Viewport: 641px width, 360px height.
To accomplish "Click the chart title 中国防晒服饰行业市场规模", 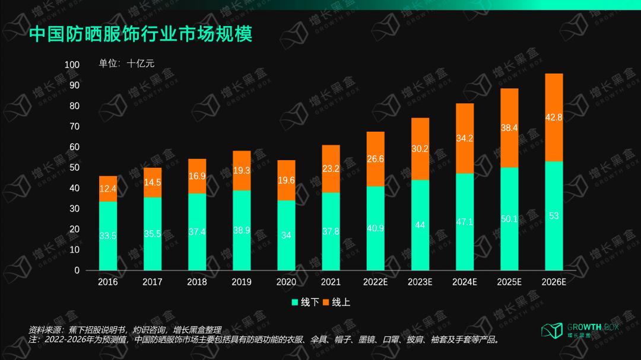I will pyautogui.click(x=141, y=34).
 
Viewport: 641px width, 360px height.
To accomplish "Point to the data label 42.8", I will pyautogui.click(x=554, y=117).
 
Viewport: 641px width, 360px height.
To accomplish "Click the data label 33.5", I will pyautogui.click(x=107, y=235).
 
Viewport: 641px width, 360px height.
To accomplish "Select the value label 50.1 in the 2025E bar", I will pyautogui.click(x=509, y=219).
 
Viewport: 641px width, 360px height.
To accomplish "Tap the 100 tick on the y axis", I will pyautogui.click(x=72, y=65).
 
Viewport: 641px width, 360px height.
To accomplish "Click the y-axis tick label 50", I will pyautogui.click(x=74, y=167).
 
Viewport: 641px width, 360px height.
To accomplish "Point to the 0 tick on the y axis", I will pyautogui.click(x=77, y=270).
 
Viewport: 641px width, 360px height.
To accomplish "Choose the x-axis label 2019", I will pyautogui.click(x=242, y=282).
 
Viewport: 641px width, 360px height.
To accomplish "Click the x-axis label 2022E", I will pyautogui.click(x=375, y=282).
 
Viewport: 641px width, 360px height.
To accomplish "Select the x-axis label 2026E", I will pyautogui.click(x=554, y=282).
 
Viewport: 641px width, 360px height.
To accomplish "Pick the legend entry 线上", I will pyautogui.click(x=336, y=302).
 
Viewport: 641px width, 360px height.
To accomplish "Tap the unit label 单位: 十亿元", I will pyautogui.click(x=126, y=63).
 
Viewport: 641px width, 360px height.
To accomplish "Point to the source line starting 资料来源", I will pyautogui.click(x=125, y=330).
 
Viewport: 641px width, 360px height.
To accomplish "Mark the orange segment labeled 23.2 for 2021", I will pyautogui.click(x=331, y=169).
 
